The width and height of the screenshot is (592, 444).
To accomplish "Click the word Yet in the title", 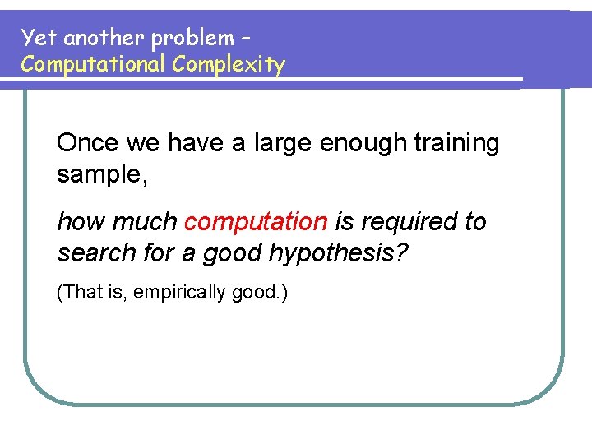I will pos(35,38).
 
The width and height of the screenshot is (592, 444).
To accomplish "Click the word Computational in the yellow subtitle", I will pos(93,64).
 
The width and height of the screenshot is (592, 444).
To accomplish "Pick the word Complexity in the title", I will pos(229,65).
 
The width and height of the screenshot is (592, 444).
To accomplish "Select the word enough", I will pos(361,144).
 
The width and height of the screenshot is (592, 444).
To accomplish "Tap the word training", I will pos(456,144).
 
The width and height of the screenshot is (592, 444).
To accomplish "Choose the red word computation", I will pos(256,222).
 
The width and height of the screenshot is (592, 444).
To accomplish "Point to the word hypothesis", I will pos(337,254).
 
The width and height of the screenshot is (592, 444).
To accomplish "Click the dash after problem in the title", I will pos(244,39).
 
